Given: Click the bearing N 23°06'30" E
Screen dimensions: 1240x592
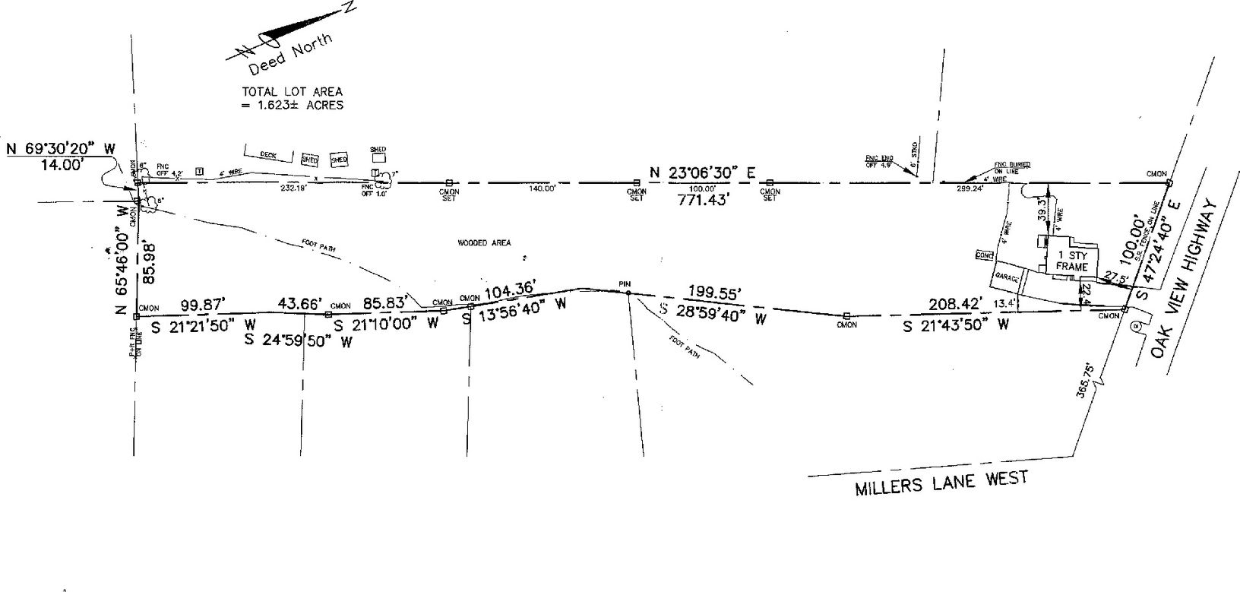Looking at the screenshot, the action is tap(702, 173).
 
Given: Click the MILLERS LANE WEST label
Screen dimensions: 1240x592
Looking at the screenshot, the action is tap(941, 483).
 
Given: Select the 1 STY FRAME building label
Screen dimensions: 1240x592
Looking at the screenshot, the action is tap(1071, 261).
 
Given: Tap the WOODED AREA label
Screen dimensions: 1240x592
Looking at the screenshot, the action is tap(483, 243).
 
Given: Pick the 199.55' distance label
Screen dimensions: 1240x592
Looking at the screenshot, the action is tap(713, 292).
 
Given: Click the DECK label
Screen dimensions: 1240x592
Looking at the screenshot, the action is tap(268, 155).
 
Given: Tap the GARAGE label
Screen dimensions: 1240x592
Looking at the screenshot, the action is tap(1007, 280).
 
